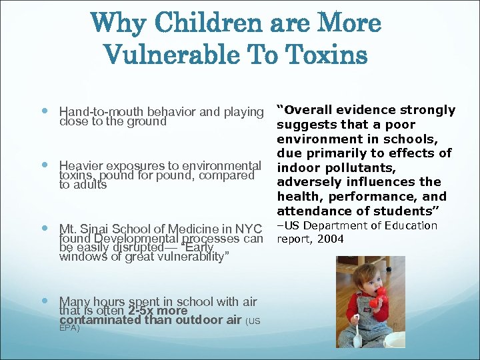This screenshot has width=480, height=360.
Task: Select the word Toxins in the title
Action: point(332,55)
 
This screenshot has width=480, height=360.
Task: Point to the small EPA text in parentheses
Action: point(69,328)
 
